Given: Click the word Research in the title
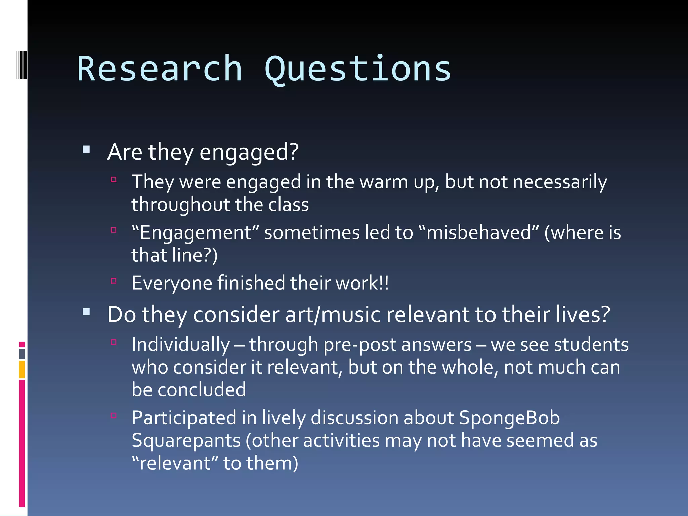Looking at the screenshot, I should click(160, 69).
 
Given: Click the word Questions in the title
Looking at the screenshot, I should click(358, 69).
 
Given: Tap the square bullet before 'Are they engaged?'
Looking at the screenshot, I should click(86, 149).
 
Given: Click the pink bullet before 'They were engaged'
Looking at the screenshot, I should click(114, 180).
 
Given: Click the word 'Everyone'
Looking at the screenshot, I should click(172, 283).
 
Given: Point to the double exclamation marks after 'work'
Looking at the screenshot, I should click(384, 283).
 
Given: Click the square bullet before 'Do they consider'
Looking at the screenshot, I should click(86, 312).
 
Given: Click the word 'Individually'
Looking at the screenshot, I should click(181, 345).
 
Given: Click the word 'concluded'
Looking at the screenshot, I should click(202, 390).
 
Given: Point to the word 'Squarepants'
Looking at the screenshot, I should click(186, 441).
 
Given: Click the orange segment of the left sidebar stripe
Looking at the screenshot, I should click(22, 370).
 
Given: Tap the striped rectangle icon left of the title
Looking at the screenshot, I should click(21, 64).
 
